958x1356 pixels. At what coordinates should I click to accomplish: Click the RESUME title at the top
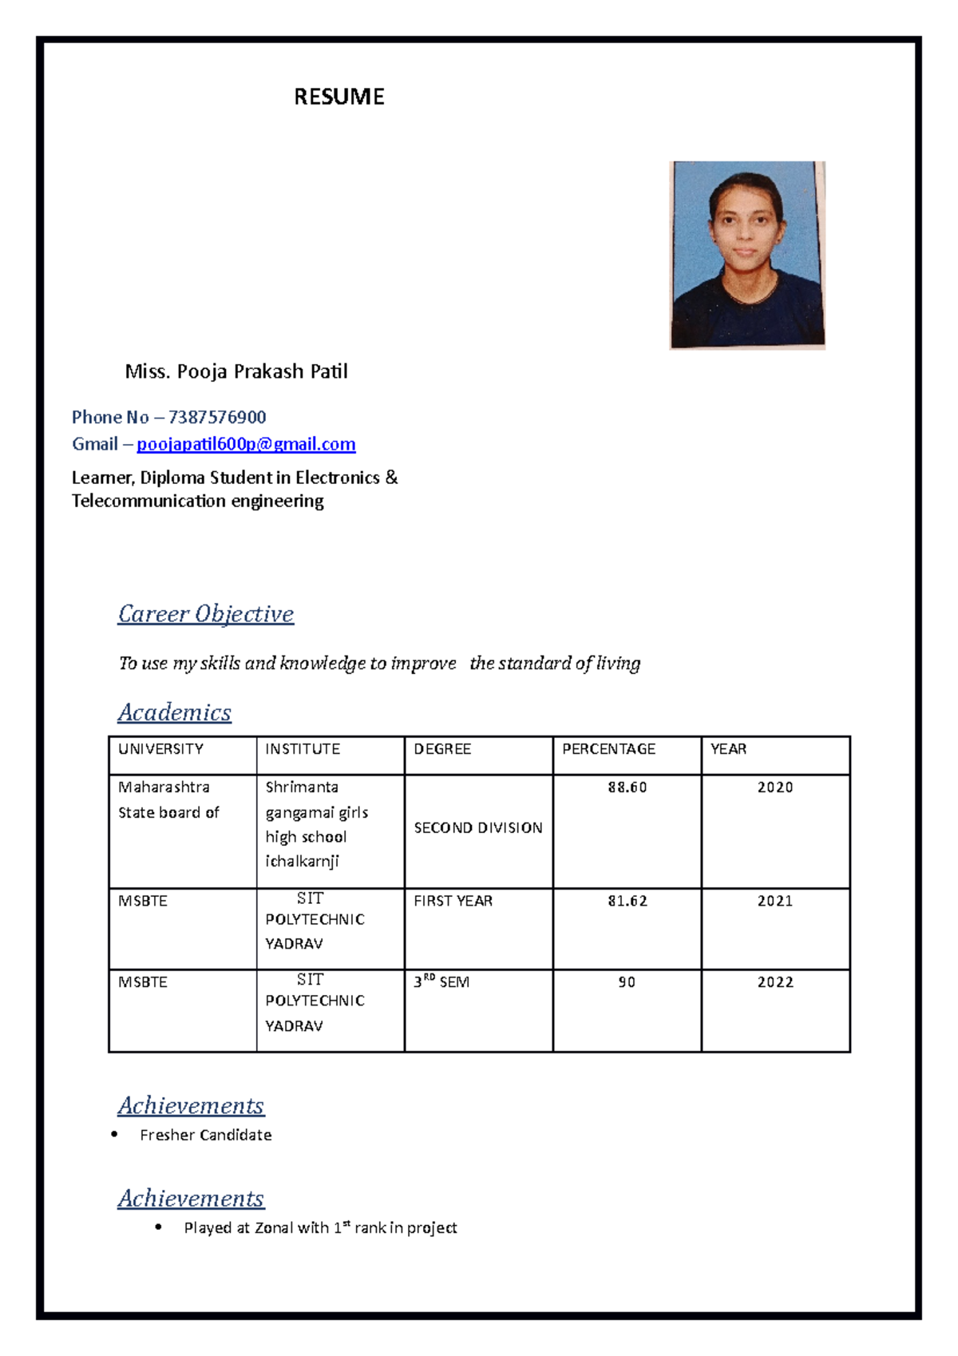338,97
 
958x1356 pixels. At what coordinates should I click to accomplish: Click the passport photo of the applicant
746,255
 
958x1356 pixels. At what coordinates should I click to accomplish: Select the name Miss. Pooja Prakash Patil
236,371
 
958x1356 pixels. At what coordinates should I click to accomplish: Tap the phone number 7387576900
216,417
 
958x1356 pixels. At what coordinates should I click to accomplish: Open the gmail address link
246,444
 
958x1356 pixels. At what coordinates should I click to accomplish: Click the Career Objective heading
206,613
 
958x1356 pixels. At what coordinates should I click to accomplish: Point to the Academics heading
174,712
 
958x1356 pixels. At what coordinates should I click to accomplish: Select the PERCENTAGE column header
608,749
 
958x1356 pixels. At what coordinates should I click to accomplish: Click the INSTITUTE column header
303,749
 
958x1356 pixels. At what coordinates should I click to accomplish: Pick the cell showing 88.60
627,787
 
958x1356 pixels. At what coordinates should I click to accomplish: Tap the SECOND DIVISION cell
477,828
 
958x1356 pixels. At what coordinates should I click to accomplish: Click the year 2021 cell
774,901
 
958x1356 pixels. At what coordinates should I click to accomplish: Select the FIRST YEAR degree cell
453,901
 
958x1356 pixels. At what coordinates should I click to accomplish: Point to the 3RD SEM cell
441,981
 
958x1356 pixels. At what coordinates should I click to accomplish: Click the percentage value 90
627,982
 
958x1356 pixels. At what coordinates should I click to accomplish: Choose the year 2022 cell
774,982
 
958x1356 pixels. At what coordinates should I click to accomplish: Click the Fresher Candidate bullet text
205,1135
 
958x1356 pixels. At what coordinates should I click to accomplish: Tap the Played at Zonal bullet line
320,1227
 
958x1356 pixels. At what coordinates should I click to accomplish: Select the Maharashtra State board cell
168,799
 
